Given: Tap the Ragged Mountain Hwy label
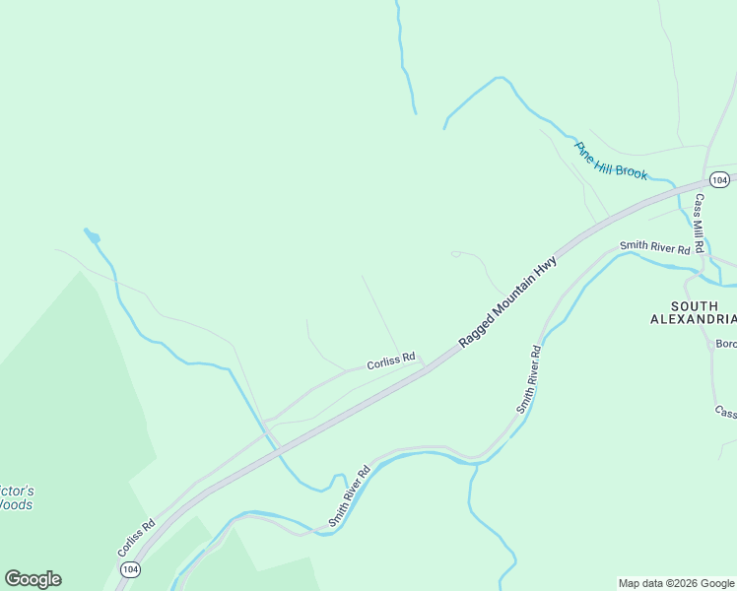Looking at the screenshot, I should [x=508, y=301].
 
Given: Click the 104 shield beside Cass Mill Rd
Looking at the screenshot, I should [x=719, y=179].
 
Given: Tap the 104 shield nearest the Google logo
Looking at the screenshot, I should [x=130, y=569].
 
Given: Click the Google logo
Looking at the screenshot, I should [x=33, y=579].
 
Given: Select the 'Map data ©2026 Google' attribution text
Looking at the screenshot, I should [x=676, y=583].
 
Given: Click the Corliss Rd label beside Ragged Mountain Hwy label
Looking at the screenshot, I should [x=391, y=361].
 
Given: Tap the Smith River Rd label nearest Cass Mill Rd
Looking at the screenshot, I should [x=654, y=247].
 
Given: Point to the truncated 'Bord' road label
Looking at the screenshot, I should [x=726, y=344].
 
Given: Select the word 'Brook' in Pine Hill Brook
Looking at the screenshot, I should [x=631, y=169].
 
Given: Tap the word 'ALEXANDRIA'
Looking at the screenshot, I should [x=694, y=319].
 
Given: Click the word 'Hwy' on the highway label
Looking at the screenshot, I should [x=548, y=268].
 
